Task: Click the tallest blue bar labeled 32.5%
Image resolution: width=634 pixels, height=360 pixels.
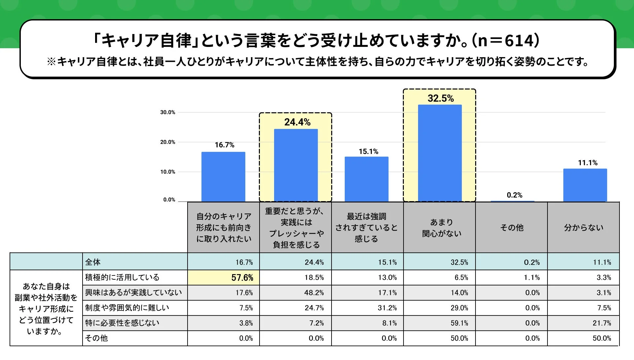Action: (x=440, y=153)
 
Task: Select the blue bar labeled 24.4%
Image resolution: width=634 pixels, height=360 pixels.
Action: (x=296, y=165)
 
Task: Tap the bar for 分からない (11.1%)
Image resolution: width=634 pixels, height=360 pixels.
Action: (x=585, y=185)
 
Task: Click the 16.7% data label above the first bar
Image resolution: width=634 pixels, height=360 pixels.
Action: (x=225, y=145)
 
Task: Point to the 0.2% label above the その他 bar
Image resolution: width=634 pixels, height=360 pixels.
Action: (x=514, y=195)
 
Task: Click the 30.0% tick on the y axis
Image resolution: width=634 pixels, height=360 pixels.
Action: (x=168, y=112)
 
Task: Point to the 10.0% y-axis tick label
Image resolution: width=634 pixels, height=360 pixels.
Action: (x=168, y=172)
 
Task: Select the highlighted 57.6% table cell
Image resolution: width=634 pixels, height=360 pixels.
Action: (x=242, y=278)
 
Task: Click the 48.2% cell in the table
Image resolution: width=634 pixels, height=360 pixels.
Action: (x=314, y=293)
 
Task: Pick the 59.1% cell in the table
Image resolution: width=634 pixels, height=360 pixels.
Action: (x=459, y=323)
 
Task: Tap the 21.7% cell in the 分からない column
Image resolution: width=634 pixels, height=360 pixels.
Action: (x=602, y=323)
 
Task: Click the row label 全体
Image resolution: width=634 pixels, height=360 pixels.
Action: (x=93, y=262)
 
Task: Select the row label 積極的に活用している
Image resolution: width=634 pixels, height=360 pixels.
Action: (x=122, y=277)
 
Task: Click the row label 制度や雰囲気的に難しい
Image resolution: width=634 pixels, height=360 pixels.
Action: (x=127, y=308)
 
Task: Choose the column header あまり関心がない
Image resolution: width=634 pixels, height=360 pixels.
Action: (x=441, y=228)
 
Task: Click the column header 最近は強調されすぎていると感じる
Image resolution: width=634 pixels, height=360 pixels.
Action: (x=367, y=228)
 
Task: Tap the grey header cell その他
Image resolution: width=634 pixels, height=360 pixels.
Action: (x=512, y=228)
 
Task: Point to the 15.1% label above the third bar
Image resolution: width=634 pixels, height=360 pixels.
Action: (x=369, y=152)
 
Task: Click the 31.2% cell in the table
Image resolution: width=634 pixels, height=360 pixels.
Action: (x=387, y=308)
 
